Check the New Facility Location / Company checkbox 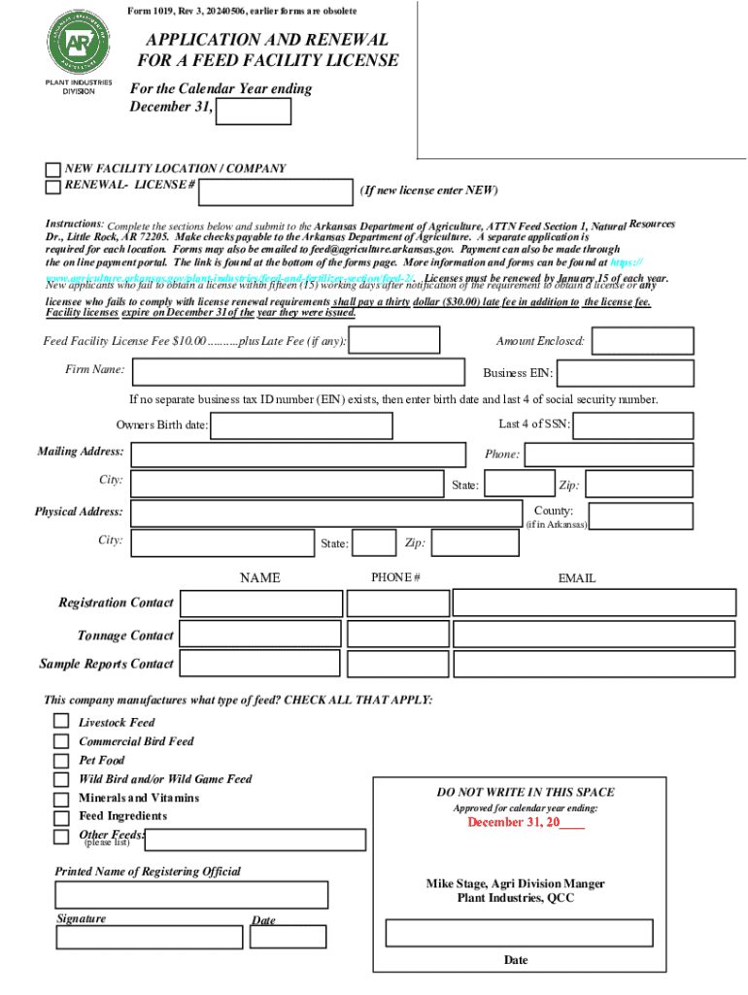pos(53,169)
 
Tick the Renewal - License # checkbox pos(53,186)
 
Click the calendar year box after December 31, pos(254,112)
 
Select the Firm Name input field pos(298,372)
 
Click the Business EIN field pos(625,374)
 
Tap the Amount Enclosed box pos(642,341)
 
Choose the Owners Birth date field pos(301,426)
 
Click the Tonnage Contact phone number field pos(396,635)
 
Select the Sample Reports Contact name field pos(260,664)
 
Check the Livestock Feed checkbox pos(61,721)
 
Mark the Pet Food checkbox pos(61,760)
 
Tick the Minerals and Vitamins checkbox pos(61,798)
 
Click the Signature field pos(149,937)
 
